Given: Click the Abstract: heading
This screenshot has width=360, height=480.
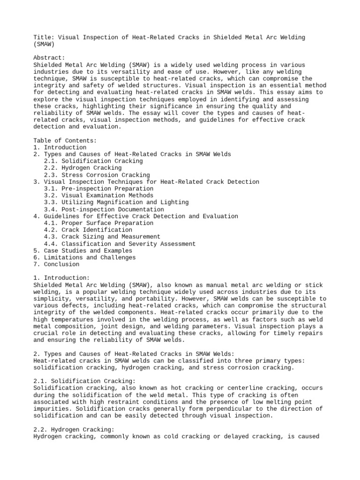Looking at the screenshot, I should (x=49, y=58).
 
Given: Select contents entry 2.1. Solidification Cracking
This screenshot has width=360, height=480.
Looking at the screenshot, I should (x=93, y=161).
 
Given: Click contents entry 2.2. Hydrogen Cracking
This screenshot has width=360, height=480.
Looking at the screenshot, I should (x=82, y=168).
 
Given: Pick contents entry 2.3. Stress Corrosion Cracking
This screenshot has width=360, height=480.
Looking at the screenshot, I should (x=97, y=175).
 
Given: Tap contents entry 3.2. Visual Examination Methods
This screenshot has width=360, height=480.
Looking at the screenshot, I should (x=98, y=195).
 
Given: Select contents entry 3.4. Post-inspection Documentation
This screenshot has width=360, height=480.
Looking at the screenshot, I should (x=104, y=210).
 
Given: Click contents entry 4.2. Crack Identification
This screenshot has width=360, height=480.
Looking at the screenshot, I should (x=88, y=230).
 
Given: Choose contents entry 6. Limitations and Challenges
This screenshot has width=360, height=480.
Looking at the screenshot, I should (x=84, y=257).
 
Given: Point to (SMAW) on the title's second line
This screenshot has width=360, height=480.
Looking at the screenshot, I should (x=44, y=45).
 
